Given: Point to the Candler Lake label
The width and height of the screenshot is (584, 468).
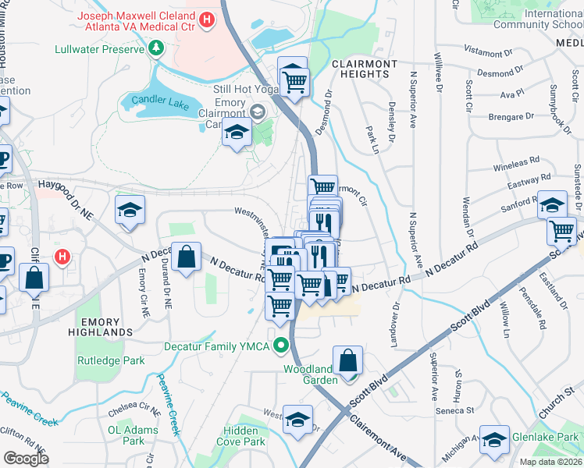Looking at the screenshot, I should [x=157, y=100].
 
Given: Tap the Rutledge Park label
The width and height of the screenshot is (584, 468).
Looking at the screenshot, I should [x=111, y=361].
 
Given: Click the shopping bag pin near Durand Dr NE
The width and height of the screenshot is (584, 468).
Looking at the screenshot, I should [x=187, y=257].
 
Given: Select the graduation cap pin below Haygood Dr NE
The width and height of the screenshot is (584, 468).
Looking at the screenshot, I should [x=130, y=210].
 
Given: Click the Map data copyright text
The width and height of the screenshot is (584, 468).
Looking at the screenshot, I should [x=551, y=462].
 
